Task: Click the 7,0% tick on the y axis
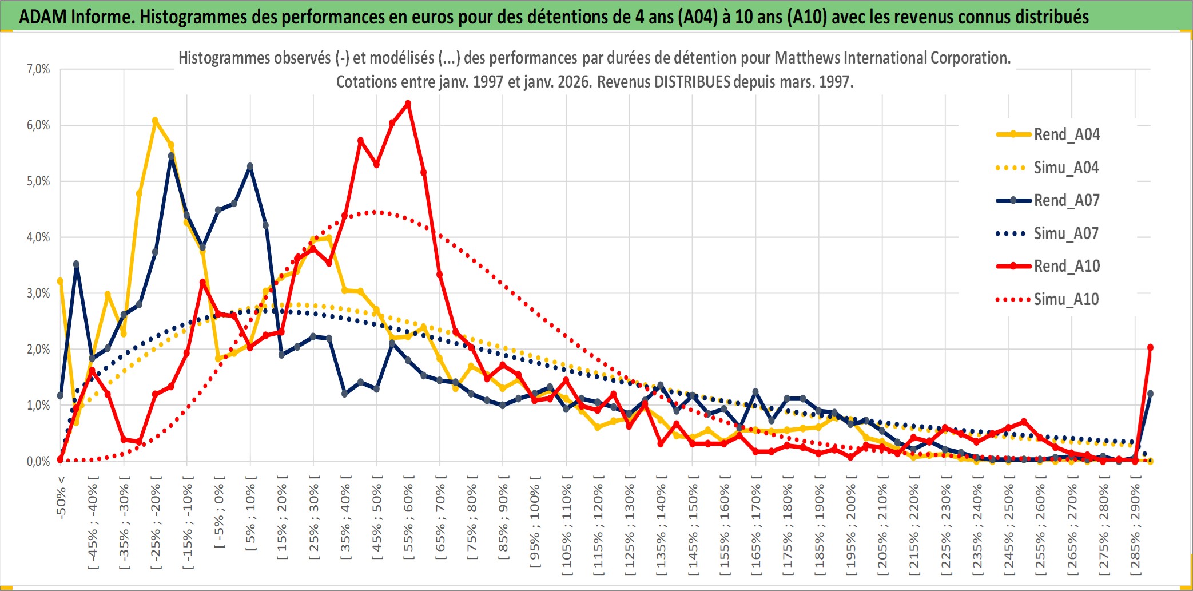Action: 38,69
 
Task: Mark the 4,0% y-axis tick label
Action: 38,237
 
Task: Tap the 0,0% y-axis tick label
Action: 38,462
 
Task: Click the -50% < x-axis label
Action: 61,497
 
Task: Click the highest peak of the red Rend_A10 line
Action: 408,104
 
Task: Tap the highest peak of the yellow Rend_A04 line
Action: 155,121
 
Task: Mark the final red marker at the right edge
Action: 1150,347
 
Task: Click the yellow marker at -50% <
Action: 60,281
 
